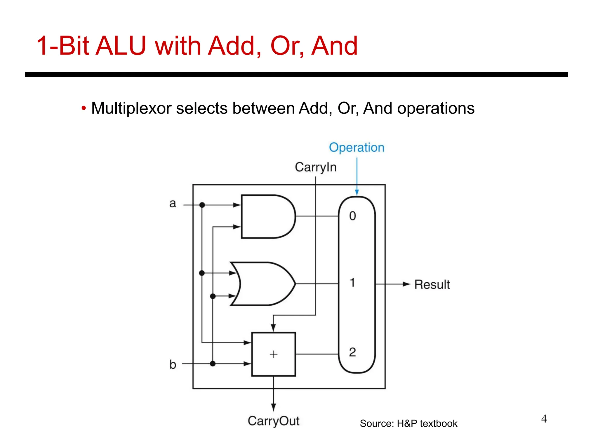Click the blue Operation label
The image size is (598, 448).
(357, 148)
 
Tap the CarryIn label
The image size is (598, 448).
(316, 167)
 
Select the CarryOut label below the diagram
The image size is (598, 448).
(274, 421)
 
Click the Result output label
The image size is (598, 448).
(432, 285)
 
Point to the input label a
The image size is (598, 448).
(173, 203)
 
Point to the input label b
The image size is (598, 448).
(173, 365)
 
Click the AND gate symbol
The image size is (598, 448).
(267, 216)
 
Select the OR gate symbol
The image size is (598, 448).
(263, 284)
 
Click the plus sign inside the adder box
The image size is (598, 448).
(274, 354)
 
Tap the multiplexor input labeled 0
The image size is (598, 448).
(352, 216)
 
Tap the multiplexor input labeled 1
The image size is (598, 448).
(352, 283)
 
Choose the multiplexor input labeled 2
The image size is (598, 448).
(352, 352)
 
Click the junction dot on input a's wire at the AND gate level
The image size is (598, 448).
(202, 205)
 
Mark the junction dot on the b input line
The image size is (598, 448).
(213, 364)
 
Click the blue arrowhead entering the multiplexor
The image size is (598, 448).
(357, 192)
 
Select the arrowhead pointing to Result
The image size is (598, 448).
(407, 284)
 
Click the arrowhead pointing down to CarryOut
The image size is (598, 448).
(274, 407)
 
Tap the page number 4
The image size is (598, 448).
(544, 419)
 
